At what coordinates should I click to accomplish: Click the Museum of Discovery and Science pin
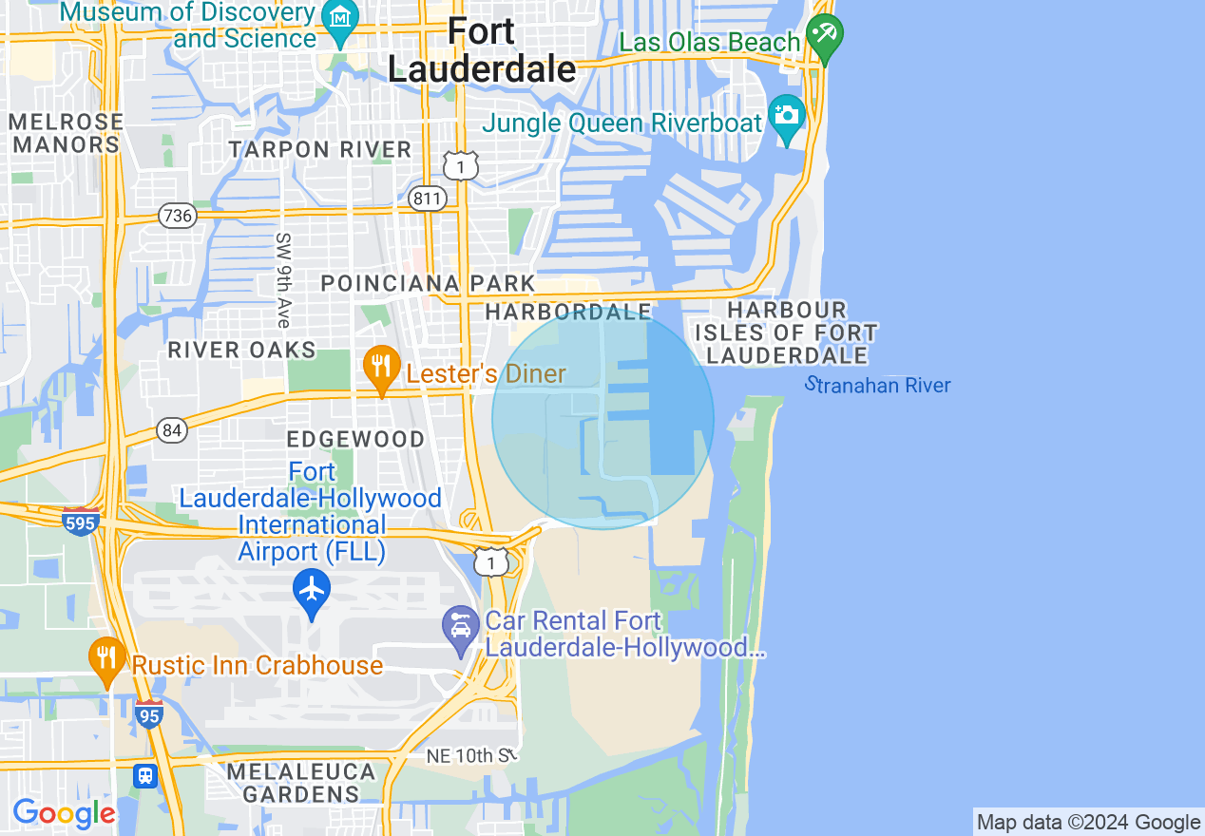tap(339, 19)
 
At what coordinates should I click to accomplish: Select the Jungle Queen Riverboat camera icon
tap(787, 116)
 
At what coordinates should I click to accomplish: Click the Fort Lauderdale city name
tap(482, 50)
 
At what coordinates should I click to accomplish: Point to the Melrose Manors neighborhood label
tap(67, 133)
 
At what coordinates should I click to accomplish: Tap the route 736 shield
tap(178, 216)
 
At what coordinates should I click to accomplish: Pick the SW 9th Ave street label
tap(283, 280)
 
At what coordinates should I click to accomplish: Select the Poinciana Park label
tap(429, 283)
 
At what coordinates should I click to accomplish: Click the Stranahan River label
tap(877, 385)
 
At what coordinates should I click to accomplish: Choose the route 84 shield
tap(172, 430)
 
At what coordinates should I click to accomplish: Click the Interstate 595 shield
tap(80, 521)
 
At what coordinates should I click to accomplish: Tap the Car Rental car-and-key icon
tap(462, 628)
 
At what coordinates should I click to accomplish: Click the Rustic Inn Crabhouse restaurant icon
tap(107, 657)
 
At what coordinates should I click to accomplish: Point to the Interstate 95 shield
tap(148, 713)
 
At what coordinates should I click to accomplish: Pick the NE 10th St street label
tap(471, 755)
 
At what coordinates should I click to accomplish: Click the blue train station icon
tap(145, 775)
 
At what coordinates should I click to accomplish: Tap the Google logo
tap(64, 813)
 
